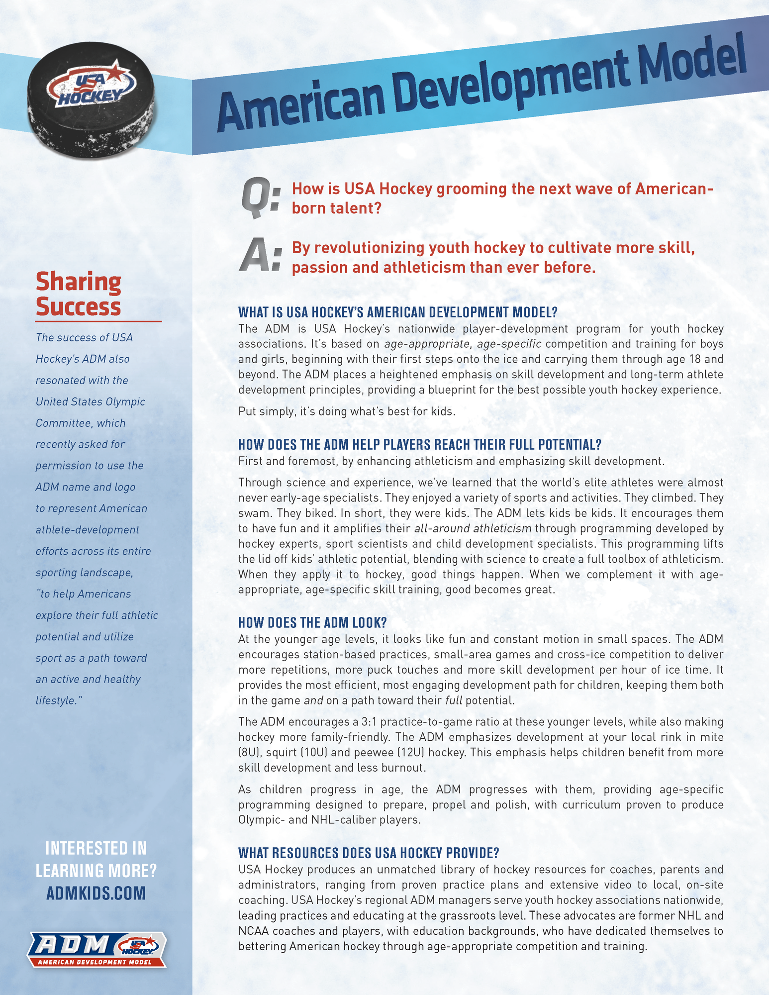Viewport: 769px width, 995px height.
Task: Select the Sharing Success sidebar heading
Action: point(79,295)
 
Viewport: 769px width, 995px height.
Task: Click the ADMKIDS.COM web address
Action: point(96,893)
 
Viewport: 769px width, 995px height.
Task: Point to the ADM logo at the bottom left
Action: point(96,949)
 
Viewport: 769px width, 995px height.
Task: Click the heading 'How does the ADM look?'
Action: point(312,623)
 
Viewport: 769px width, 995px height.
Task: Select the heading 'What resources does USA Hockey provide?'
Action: point(369,853)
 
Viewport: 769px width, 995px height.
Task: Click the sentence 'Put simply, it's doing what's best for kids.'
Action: point(347,411)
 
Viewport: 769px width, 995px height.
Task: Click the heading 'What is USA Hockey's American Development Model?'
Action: point(398,312)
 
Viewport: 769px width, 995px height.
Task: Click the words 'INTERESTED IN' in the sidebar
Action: point(96,848)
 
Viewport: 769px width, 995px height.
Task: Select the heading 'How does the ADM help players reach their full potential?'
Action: point(420,444)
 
